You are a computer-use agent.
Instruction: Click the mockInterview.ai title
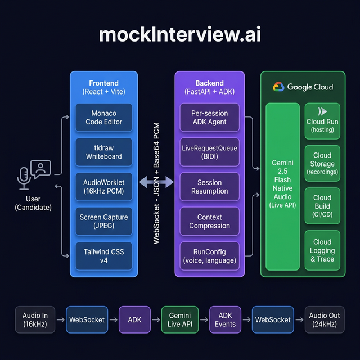[180, 35]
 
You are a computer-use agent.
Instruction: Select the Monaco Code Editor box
[104, 117]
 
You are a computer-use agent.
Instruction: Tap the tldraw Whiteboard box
[104, 152]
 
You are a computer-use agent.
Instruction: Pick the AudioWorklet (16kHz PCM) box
[104, 187]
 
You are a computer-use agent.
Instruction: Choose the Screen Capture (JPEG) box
[104, 222]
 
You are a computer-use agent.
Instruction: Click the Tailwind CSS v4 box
[104, 256]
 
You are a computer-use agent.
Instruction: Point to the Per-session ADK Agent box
[209, 117]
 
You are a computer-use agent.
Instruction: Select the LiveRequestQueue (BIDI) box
[209, 152]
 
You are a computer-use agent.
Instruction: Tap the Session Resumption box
[209, 187]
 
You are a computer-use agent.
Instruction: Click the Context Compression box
[209, 222]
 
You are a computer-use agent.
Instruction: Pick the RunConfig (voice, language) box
[209, 256]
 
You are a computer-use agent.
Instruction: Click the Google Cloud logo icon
[278, 87]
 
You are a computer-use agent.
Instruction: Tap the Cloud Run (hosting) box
[322, 120]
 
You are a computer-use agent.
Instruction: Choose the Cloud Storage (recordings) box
[322, 163]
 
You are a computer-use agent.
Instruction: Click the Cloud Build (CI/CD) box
[322, 206]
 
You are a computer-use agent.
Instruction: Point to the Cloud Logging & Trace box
[322, 250]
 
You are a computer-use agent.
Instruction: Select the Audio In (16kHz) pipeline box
[35, 319]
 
